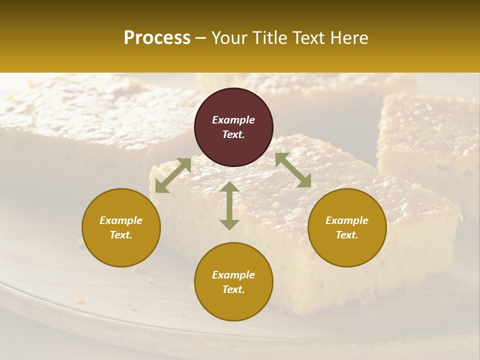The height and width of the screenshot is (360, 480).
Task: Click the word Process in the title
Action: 157,38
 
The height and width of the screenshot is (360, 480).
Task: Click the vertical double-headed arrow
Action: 229,205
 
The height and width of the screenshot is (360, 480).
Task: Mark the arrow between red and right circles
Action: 293,170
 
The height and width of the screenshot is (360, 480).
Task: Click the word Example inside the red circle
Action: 233,120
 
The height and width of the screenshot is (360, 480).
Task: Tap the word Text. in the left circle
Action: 121,235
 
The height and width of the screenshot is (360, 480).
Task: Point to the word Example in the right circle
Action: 347,220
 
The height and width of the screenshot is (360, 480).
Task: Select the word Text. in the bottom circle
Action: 233,289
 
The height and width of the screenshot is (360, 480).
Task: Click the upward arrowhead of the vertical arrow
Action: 229,186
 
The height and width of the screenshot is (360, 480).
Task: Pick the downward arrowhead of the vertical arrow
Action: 229,224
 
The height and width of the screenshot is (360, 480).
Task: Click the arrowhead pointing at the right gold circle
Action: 304,181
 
